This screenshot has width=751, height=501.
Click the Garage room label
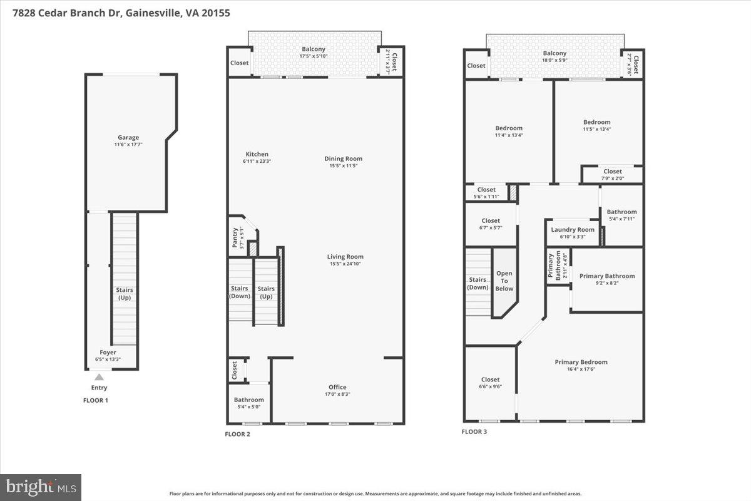(128, 138)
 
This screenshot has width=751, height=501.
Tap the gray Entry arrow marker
(98, 376)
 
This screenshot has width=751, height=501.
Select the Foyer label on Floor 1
(108, 353)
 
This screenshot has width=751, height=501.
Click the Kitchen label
(257, 154)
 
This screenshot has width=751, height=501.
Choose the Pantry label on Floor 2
(235, 238)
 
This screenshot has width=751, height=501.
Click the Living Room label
(345, 257)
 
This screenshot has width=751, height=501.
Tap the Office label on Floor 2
(337, 387)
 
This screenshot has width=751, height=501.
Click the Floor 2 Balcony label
(314, 49)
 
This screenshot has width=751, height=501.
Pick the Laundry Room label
(573, 230)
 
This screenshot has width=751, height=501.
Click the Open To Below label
(504, 281)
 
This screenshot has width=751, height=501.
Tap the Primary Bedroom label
(581, 362)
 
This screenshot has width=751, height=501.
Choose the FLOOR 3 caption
(474, 431)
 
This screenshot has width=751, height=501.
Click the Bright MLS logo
(41, 487)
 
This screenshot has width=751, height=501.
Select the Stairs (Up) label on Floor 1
(124, 294)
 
